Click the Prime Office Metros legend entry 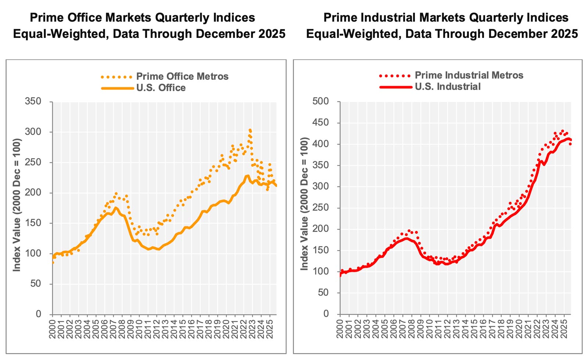[x=182, y=76]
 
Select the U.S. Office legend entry [x=161, y=88]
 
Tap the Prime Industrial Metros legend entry [x=469, y=75]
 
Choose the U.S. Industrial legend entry [x=447, y=87]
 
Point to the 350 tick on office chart [x=33, y=101]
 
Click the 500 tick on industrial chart [x=320, y=101]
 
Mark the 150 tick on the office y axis [x=33, y=223]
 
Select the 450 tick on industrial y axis [x=320, y=122]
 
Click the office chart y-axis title [x=17, y=205]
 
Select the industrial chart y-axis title [x=304, y=204]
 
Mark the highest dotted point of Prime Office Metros [x=250, y=130]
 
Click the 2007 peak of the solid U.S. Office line [x=116, y=208]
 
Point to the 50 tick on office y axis [x=36, y=284]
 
